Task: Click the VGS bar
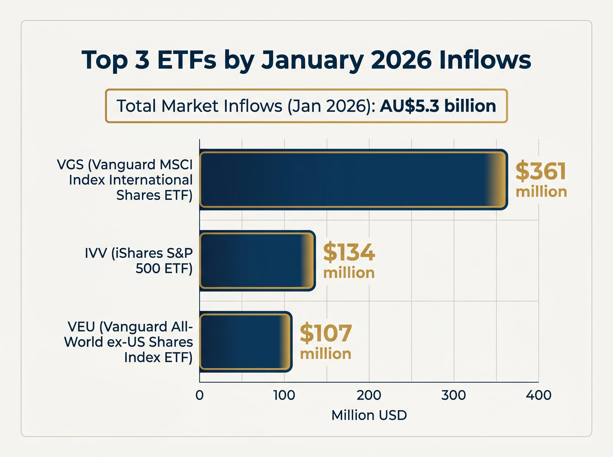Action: coord(353,179)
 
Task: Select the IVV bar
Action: coord(257,261)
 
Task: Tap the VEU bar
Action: coord(245,342)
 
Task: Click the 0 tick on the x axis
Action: coord(199,395)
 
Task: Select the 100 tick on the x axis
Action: coord(284,395)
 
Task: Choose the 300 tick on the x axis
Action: coord(453,395)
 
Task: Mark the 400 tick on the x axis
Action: coord(538,395)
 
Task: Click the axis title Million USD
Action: coord(369,415)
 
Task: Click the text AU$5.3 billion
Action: coord(438,106)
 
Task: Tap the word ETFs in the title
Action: coord(187,60)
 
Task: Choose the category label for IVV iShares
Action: coord(138,261)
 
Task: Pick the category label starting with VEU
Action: coord(128,342)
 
